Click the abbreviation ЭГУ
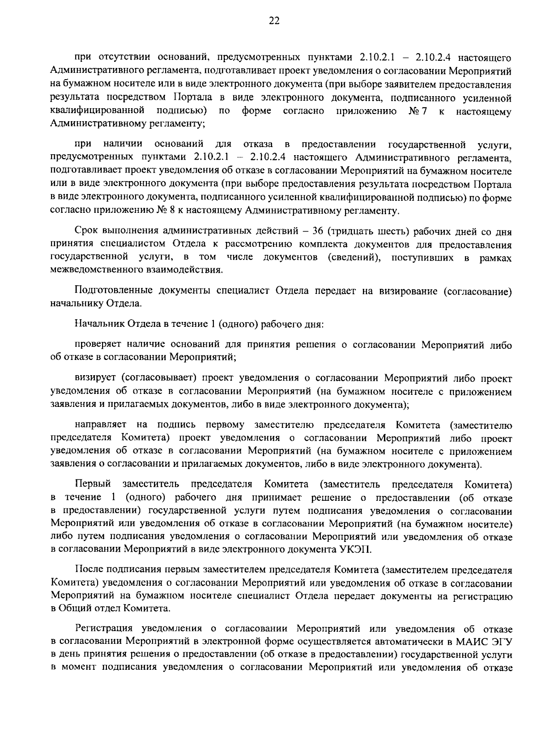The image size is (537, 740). (x=502, y=642)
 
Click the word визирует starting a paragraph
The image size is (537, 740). (x=94, y=378)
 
